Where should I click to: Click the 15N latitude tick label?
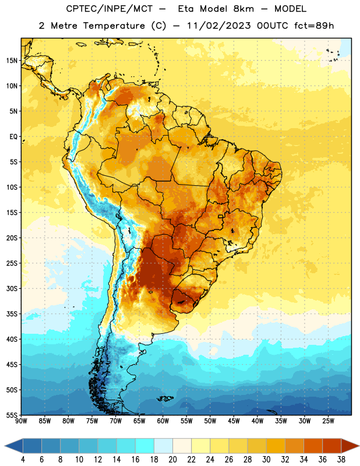tap(12, 61)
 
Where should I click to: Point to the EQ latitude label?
tap(13, 137)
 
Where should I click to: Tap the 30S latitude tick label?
tap(12, 288)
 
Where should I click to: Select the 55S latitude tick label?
tap(12, 415)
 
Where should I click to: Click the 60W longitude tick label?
tap(163, 421)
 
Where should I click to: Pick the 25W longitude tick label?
tap(328, 421)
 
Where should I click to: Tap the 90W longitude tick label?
tap(21, 421)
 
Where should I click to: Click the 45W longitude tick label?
tap(234, 421)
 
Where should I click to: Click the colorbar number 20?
tap(172, 460)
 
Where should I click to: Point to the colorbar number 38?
tap(341, 460)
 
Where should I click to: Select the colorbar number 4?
tap(23, 460)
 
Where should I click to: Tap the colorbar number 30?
tap(266, 460)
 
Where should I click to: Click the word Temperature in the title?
tap(114, 26)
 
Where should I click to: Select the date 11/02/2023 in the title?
tap(219, 26)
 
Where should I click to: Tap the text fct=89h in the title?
tap(314, 26)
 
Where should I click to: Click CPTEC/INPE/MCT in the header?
tap(110, 9)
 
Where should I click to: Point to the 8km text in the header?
tap(243, 9)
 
